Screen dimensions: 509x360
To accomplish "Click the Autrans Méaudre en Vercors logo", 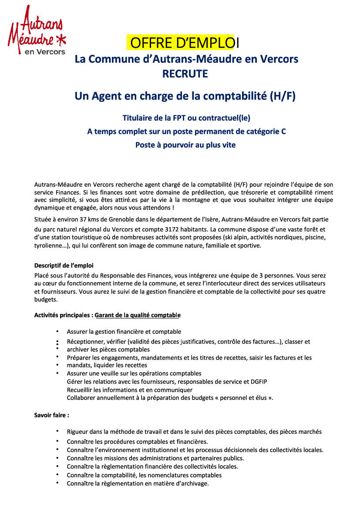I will pyautogui.click(x=37, y=30).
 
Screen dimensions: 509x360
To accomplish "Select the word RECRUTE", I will pyautogui.click(x=185, y=74).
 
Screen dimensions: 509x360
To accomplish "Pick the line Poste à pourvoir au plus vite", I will pyautogui.click(x=185, y=145).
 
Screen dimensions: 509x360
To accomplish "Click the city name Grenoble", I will pyautogui.click(x=138, y=219).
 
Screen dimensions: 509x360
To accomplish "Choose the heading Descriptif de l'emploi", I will pyautogui.click(x=64, y=265).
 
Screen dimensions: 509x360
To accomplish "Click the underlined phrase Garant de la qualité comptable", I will pyautogui.click(x=138, y=315).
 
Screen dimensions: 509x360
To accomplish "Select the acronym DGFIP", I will pyautogui.click(x=258, y=382).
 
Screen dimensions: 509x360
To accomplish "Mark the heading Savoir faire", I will pyautogui.click(x=51, y=415).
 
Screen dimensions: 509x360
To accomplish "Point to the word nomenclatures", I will pyautogui.click(x=168, y=475).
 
